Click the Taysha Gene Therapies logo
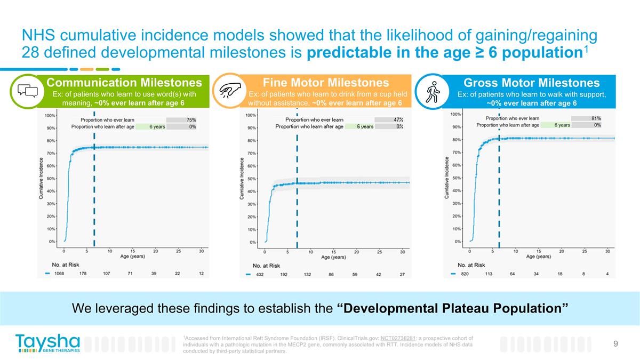[47, 343]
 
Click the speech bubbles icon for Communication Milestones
[26, 91]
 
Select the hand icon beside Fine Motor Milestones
[230, 90]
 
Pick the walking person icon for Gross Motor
[433, 91]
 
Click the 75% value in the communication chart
[190, 120]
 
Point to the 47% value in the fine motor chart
[398, 119]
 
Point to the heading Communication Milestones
[124, 83]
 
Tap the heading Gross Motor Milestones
[531, 83]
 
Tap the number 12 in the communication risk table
[201, 274]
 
